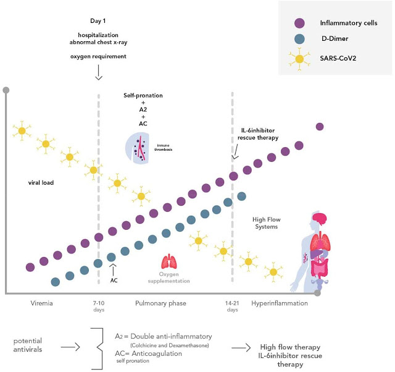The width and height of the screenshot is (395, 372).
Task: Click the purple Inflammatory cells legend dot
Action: [300, 23]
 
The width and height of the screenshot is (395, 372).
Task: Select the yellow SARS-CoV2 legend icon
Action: [300, 59]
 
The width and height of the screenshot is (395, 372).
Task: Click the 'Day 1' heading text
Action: [99, 21]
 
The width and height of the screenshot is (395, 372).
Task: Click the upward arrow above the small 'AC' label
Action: [113, 268]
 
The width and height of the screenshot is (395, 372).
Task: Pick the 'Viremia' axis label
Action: [42, 303]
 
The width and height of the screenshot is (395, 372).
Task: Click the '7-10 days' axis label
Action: [99, 306]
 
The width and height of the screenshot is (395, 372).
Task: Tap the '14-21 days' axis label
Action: [232, 306]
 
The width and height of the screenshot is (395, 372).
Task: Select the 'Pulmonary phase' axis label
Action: [160, 303]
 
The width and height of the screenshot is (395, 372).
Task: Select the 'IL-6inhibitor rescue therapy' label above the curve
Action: [259, 134]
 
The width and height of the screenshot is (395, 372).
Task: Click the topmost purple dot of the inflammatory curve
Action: [320, 127]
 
